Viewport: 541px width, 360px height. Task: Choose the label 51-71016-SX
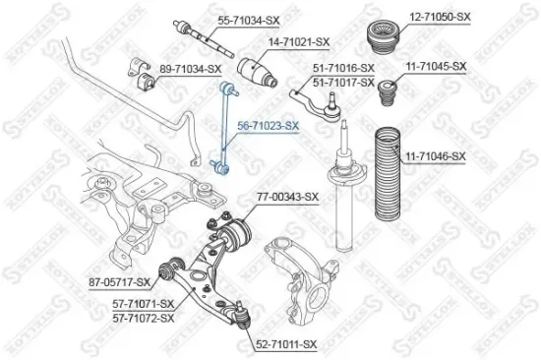pyautogui.click(x=344, y=67)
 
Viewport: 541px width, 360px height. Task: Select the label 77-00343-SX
pyautogui.click(x=287, y=197)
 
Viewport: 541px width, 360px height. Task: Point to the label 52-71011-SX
pyautogui.click(x=288, y=344)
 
